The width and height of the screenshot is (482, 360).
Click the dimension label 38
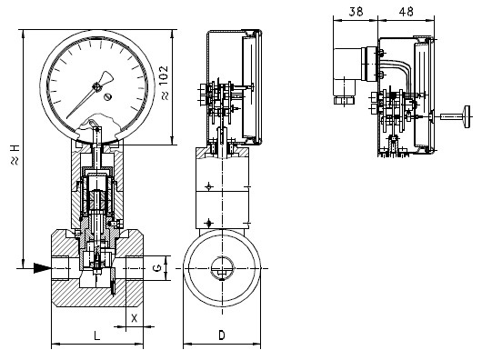(356, 12)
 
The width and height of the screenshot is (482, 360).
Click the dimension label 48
(406, 12)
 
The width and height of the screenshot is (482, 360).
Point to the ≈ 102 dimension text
(165, 83)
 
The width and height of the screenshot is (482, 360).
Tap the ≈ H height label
(15, 155)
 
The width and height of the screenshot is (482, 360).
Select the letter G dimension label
(157, 268)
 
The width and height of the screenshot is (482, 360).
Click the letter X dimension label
(135, 318)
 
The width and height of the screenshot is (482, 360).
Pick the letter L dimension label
(96, 335)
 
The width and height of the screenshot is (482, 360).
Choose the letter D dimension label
(222, 335)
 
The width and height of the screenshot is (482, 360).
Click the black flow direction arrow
(42, 268)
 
